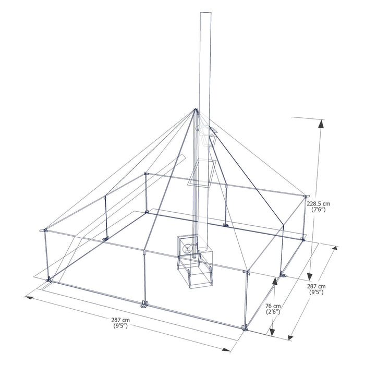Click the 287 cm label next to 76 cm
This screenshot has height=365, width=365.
pos(315,286)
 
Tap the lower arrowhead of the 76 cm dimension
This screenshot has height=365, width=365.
pos(271,333)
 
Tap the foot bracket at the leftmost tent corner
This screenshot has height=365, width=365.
pos(48,280)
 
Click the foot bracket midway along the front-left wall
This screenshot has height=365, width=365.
pos(144,304)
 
